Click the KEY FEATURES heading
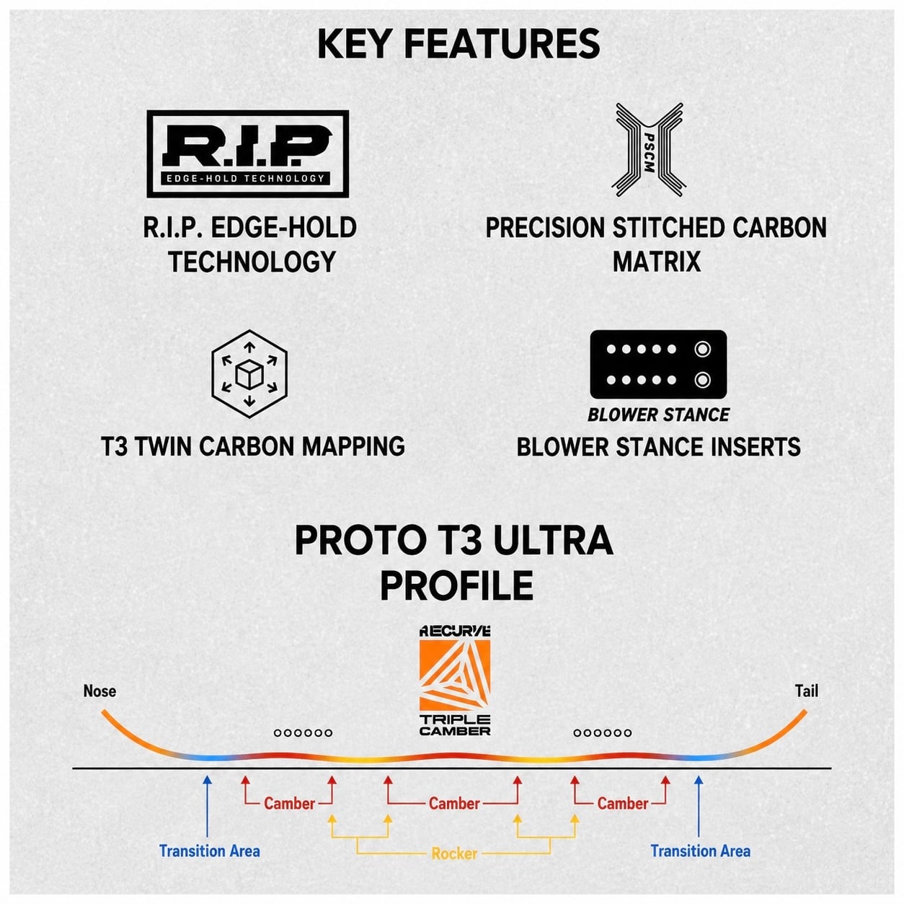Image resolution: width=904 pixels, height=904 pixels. tap(458, 44)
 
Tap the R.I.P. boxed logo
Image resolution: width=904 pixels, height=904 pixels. tap(248, 154)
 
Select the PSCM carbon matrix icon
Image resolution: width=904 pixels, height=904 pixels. tap(649, 150)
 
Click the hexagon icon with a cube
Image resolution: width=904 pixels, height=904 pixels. tap(249, 373)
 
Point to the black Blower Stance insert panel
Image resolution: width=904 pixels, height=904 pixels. tap(658, 364)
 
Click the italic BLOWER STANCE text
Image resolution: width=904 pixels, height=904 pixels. tap(658, 415)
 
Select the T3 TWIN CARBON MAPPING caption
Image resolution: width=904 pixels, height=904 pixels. tap(253, 446)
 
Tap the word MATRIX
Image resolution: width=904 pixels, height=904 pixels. tap(656, 261)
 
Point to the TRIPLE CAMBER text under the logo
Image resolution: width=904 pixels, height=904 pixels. tap(455, 724)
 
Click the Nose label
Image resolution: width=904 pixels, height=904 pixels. tap(99, 691)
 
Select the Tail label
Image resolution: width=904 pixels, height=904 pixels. tap(807, 691)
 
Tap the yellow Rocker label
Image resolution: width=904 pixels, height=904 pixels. tap(454, 854)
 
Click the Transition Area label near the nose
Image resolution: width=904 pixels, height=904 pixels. tap(209, 851)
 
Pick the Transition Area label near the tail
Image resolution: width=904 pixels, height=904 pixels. tap(701, 851)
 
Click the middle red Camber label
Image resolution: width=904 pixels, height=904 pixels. tap(454, 803)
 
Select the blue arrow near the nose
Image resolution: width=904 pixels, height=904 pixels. tap(207, 806)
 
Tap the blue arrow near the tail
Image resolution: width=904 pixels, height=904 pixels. tap(699, 806)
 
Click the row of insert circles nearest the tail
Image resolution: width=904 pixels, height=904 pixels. tap(603, 732)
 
